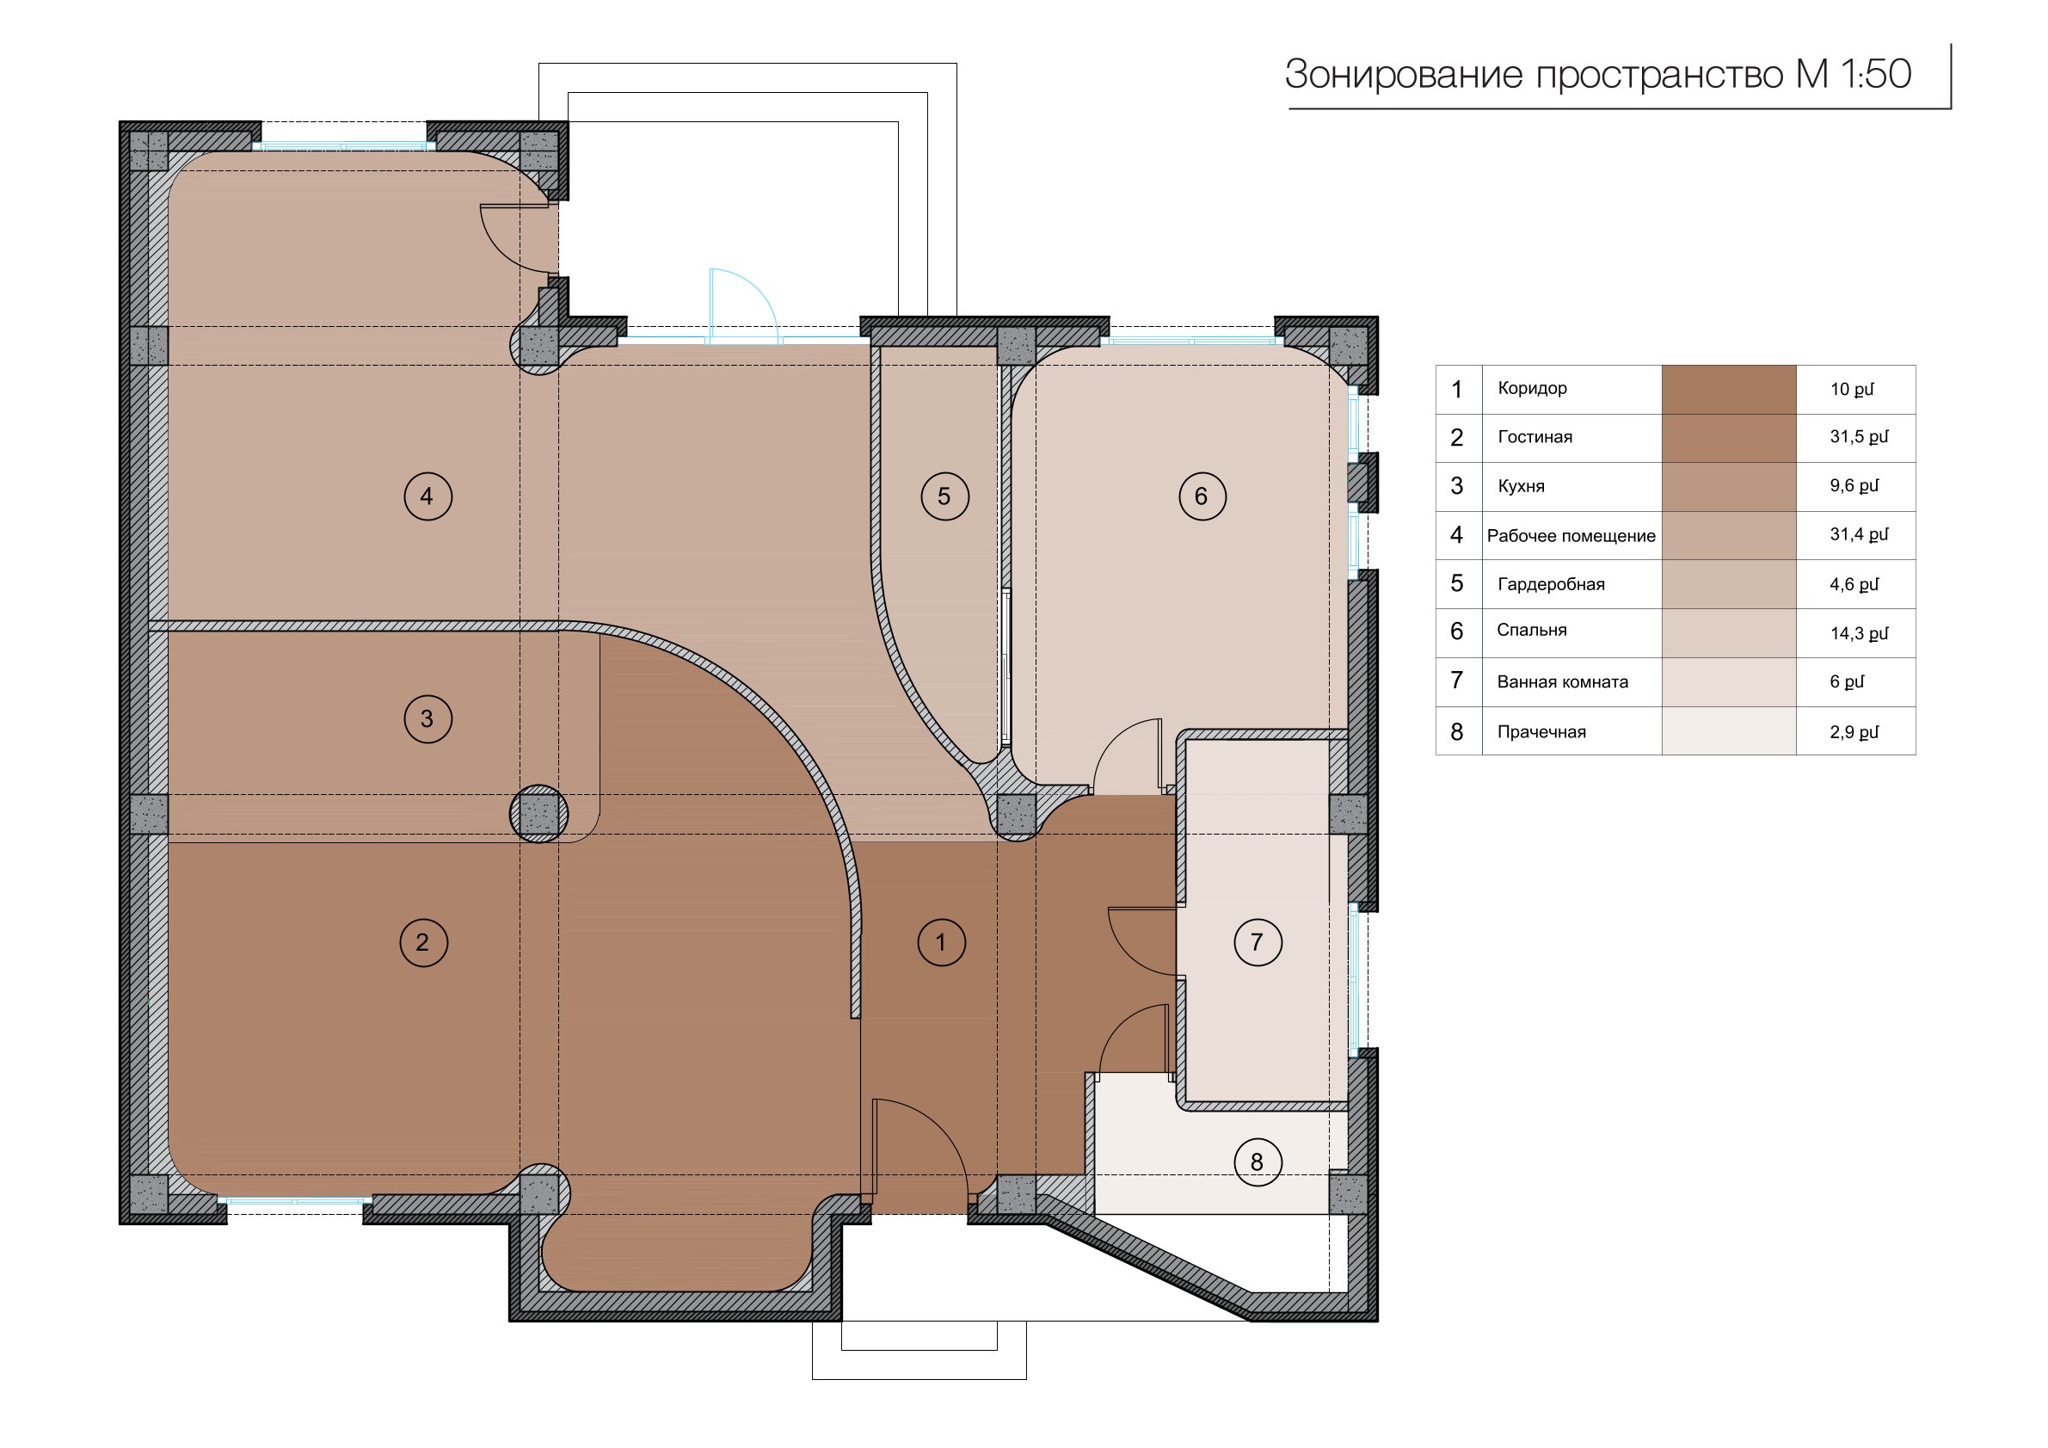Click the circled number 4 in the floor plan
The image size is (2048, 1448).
[428, 496]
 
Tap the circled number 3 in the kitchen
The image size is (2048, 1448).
[428, 718]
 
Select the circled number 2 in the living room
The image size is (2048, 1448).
[424, 942]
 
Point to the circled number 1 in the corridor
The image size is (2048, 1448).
[942, 942]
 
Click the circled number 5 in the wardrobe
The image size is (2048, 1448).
[945, 496]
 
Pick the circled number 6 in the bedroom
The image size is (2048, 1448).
[1202, 496]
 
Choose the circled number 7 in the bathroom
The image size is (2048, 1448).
[1258, 942]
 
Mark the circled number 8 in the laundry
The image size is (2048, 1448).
[1258, 1161]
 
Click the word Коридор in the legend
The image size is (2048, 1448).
[1533, 389]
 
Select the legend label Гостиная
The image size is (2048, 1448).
[1535, 437]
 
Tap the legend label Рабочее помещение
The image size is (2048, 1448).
[1571, 536]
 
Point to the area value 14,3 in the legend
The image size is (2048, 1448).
[1846, 633]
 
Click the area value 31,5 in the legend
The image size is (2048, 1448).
[1846, 437]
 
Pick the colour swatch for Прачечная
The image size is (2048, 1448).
[1729, 731]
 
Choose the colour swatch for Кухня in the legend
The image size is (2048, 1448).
[1729, 486]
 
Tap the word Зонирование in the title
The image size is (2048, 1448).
[1405, 75]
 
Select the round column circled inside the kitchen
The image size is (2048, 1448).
[538, 814]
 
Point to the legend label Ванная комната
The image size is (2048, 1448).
[1563, 682]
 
